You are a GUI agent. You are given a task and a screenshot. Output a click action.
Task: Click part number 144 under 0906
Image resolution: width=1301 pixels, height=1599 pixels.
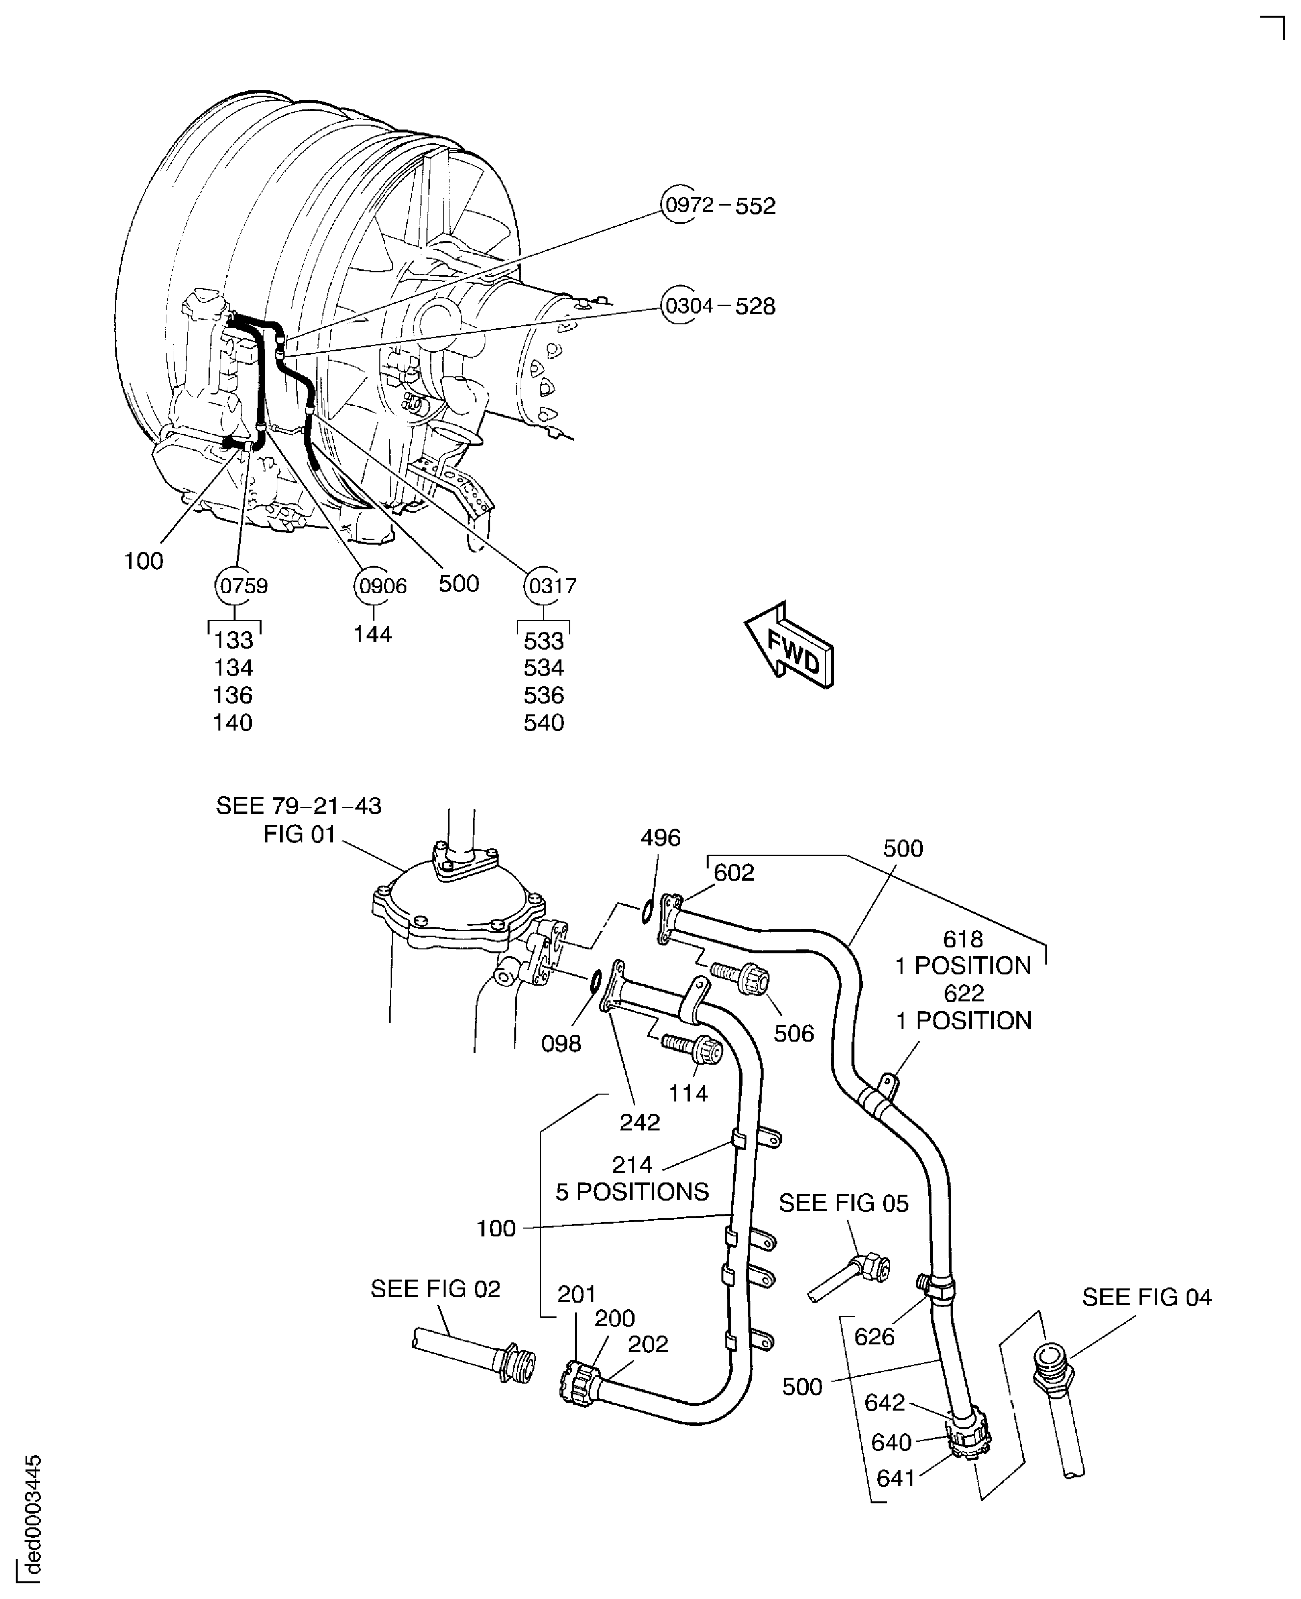[372, 635]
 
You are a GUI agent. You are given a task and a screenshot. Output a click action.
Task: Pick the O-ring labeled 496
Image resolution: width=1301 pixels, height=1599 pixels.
[646, 912]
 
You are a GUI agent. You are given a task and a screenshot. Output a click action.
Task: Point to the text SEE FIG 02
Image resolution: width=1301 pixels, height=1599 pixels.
[435, 1289]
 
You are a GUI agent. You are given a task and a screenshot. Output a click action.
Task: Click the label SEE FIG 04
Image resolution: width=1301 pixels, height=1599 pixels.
[1146, 1297]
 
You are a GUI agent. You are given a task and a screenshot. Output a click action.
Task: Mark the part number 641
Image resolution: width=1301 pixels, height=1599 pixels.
[896, 1478]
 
